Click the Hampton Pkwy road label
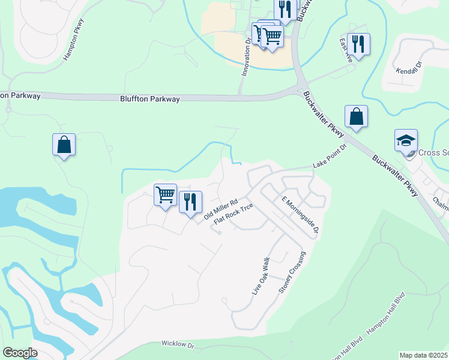pyautogui.click(x=75, y=39)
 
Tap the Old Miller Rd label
pyautogui.click(x=221, y=209)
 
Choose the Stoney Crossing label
pyautogui.click(x=292, y=272)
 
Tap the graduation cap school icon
pyautogui.click(x=406, y=140)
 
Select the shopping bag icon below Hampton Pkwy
pyautogui.click(x=64, y=145)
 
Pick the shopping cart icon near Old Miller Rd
pyautogui.click(x=165, y=194)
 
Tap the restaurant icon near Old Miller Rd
pyautogui.click(x=190, y=202)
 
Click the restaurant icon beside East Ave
pyautogui.click(x=358, y=44)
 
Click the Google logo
pyautogui.click(x=20, y=353)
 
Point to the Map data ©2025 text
pyautogui.click(x=423, y=355)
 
